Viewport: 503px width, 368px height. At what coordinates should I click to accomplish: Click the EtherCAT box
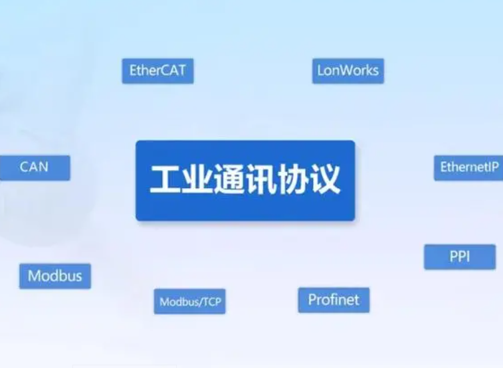(157, 71)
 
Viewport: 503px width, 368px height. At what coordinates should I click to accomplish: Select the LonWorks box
(348, 71)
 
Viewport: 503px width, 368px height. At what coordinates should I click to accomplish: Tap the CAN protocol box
(35, 167)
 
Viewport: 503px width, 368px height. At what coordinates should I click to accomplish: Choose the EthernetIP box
(468, 168)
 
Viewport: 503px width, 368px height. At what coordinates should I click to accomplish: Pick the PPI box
(460, 257)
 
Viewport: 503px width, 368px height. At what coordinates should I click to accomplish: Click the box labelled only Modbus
(55, 276)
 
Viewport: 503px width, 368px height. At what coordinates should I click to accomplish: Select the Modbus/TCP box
(189, 302)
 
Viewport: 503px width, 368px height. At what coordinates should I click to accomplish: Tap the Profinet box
(334, 300)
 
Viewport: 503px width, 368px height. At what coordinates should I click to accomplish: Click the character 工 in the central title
(165, 179)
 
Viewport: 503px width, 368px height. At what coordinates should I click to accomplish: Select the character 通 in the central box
(229, 179)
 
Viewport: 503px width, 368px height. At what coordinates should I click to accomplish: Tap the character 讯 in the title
(261, 179)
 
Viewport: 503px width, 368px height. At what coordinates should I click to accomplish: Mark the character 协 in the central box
(292, 179)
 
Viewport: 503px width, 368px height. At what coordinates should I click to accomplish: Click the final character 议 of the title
(324, 179)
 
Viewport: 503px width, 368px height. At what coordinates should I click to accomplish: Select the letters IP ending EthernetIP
(493, 167)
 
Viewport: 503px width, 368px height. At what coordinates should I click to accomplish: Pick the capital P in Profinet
(312, 300)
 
